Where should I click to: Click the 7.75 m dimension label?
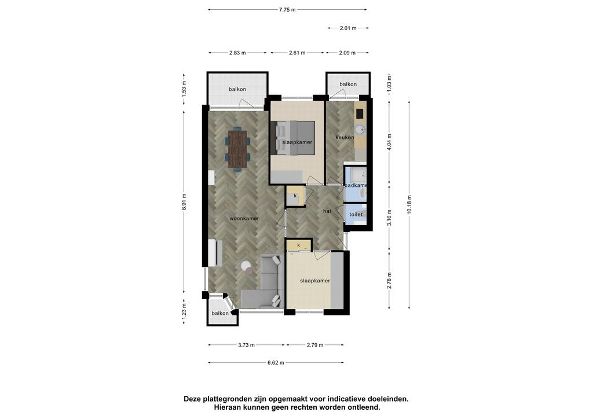[287, 10]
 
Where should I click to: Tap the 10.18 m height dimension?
[409, 204]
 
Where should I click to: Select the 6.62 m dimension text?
[276, 363]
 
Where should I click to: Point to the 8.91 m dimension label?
[184, 202]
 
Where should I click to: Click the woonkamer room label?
[244, 218]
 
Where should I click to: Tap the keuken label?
[345, 138]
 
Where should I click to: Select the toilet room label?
[356, 214]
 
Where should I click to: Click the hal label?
[327, 211]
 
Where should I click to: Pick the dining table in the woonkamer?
[237, 149]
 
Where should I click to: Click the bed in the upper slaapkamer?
[292, 138]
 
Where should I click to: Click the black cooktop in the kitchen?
[360, 113]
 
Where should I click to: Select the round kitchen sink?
[361, 130]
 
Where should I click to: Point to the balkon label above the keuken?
[348, 84]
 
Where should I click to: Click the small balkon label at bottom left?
[220, 313]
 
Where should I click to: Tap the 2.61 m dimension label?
[297, 53]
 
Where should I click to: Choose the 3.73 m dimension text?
[246, 345]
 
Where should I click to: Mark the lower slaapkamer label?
[315, 281]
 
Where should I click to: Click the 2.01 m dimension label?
[348, 28]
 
